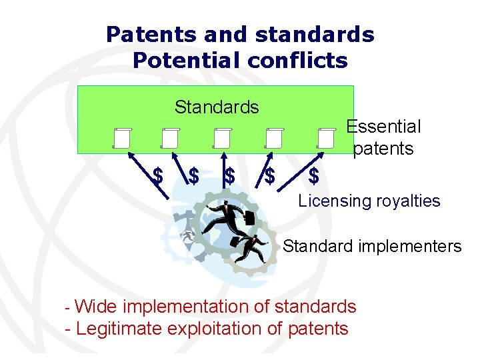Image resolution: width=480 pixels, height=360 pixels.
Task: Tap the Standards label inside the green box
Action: coord(217,107)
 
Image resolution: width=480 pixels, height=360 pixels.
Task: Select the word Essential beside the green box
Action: coord(383,127)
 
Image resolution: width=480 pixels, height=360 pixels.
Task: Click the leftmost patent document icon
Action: coord(121,137)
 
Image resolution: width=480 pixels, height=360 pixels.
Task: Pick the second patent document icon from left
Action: coord(170,137)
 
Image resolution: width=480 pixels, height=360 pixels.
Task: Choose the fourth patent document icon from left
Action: coord(273,137)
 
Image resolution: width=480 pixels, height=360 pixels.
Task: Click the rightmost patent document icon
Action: coord(325,137)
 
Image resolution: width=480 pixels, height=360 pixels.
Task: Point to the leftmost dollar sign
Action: coord(158,176)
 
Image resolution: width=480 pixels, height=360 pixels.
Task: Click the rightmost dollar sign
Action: coord(314,176)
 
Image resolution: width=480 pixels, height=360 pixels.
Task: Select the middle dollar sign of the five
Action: coord(230,176)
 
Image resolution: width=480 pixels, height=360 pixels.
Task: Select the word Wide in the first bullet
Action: coord(97,307)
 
